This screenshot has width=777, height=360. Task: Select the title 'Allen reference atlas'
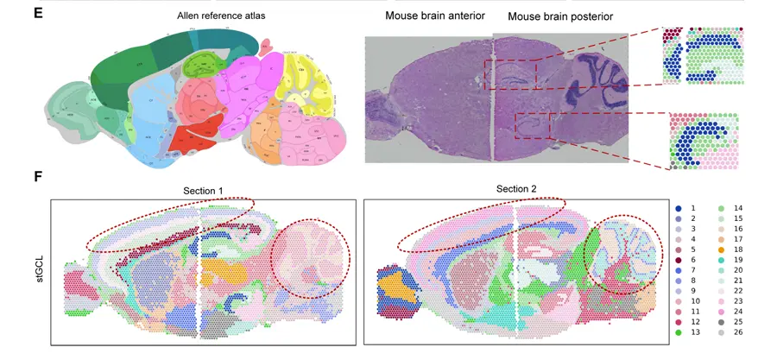210,16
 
